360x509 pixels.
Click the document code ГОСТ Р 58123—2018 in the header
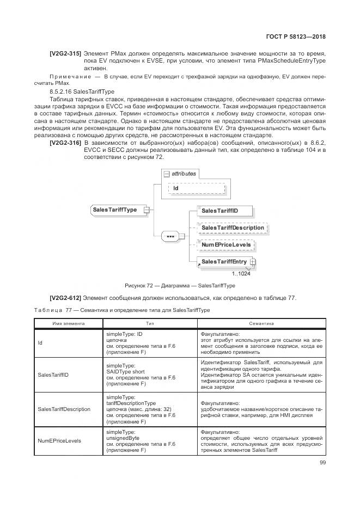pyautogui.click(x=299, y=38)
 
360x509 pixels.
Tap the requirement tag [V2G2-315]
pyautogui.click(x=65, y=53)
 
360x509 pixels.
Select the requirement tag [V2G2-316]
pyautogui.click(x=65, y=143)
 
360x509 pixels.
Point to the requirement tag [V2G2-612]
pyautogui.click(x=65, y=297)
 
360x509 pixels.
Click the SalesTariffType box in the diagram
pyautogui.click(x=115, y=210)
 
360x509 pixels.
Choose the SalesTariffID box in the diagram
pyautogui.click(x=219, y=210)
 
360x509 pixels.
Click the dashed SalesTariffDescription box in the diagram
pyautogui.click(x=233, y=228)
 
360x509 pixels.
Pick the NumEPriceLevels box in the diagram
pyautogui.click(x=226, y=245)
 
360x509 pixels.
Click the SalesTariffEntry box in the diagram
pyautogui.click(x=224, y=262)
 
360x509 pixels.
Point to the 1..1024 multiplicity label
pyautogui.click(x=241, y=274)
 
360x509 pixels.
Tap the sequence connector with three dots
pyautogui.click(x=170, y=237)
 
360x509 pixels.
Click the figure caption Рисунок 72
pyautogui.click(x=180, y=285)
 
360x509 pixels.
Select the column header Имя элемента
pyautogui.click(x=68, y=323)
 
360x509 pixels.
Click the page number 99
pyautogui.click(x=322, y=463)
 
